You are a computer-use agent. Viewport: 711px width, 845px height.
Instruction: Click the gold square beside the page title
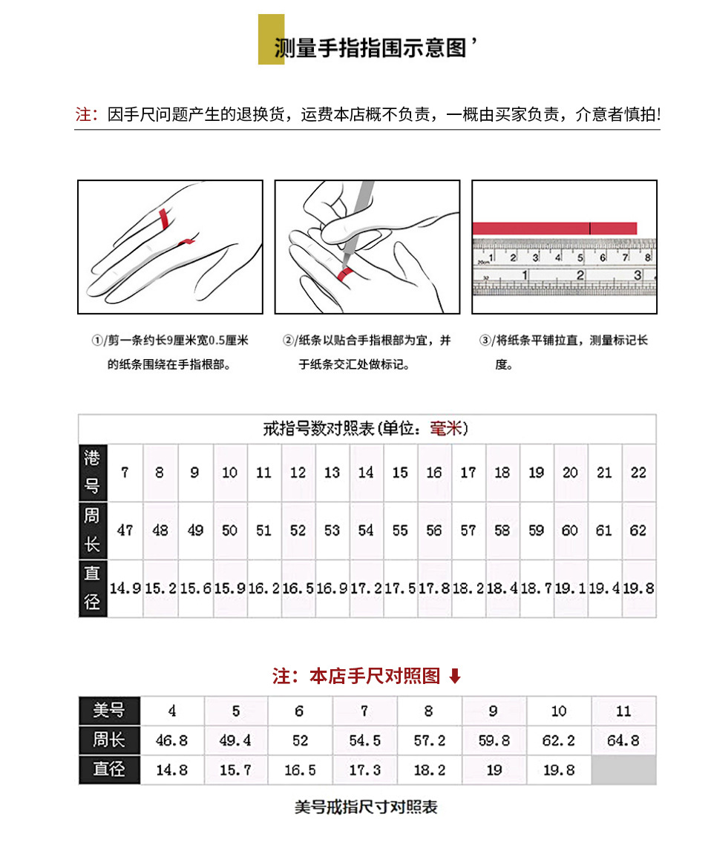pyautogui.click(x=271, y=39)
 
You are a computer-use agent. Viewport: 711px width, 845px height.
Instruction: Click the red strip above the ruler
pyautogui.click(x=554, y=228)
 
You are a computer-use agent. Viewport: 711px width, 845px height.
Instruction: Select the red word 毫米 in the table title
pyautogui.click(x=445, y=429)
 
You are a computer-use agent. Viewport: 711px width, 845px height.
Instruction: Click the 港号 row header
pyautogui.click(x=93, y=472)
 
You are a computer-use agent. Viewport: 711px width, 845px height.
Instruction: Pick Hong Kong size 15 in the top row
pyautogui.click(x=400, y=473)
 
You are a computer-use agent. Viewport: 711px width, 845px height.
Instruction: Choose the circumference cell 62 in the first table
pyautogui.click(x=638, y=530)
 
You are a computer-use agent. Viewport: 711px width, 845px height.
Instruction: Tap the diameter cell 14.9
pyautogui.click(x=125, y=588)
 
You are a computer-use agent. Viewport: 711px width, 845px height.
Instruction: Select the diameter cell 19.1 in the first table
pyautogui.click(x=570, y=588)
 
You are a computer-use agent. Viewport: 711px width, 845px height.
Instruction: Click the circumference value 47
pyautogui.click(x=125, y=530)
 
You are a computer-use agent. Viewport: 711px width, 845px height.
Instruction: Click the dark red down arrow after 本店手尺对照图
pyautogui.click(x=456, y=676)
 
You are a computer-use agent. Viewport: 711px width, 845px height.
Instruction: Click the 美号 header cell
pyautogui.click(x=108, y=711)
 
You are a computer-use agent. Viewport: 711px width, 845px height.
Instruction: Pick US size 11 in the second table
pyautogui.click(x=623, y=711)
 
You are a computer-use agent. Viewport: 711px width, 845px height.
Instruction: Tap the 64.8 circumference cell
pyautogui.click(x=623, y=740)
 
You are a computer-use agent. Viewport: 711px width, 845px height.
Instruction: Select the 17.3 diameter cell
pyautogui.click(x=364, y=770)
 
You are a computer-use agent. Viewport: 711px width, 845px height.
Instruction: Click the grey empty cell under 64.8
pyautogui.click(x=623, y=770)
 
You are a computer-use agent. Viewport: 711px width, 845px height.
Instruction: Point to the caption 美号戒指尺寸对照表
pyautogui.click(x=366, y=807)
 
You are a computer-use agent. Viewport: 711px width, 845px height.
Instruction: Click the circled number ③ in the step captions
pyautogui.click(x=486, y=341)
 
